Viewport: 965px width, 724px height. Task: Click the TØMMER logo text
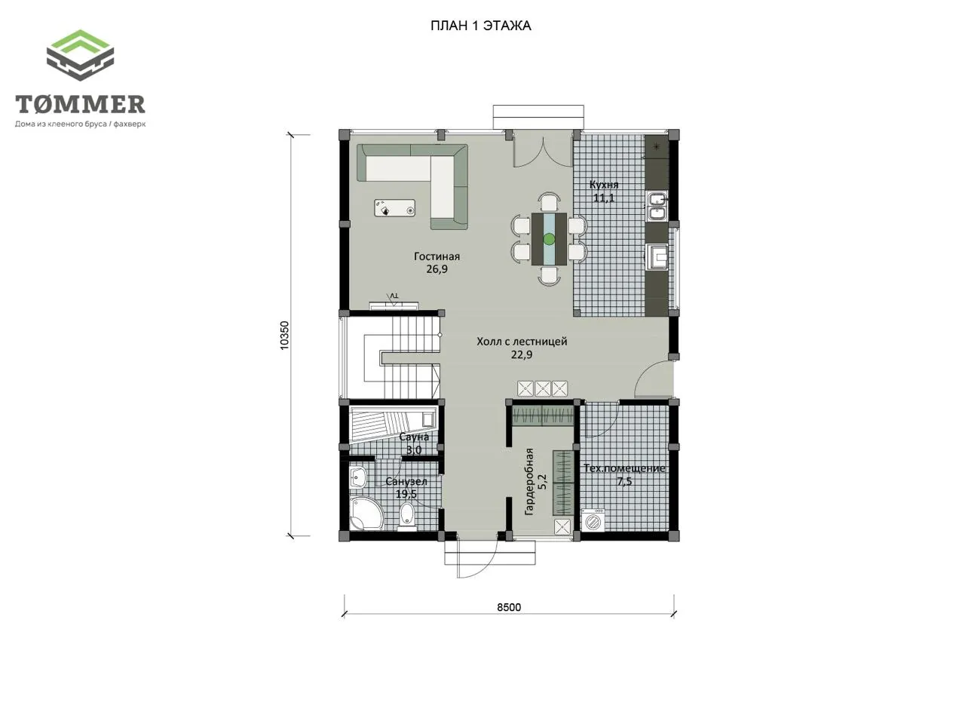(x=80, y=104)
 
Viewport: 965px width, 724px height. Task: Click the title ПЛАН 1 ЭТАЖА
(x=480, y=26)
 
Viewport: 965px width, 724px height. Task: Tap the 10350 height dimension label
(x=285, y=336)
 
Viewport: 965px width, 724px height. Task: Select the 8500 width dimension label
(x=509, y=607)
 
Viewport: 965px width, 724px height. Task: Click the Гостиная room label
(x=437, y=256)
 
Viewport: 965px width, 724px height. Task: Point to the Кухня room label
(x=604, y=185)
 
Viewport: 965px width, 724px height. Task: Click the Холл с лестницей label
(x=522, y=341)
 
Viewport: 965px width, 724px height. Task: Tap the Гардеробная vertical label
(x=529, y=481)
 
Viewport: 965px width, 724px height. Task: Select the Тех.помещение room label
(x=624, y=468)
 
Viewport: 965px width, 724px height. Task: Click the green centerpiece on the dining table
(x=549, y=239)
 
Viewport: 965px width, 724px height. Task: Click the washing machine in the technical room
(x=593, y=520)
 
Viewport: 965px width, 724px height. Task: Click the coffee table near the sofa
(x=395, y=208)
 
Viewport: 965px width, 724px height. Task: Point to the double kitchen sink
(x=657, y=206)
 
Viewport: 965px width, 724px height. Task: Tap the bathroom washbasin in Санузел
(x=358, y=477)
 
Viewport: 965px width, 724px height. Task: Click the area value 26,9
(x=437, y=269)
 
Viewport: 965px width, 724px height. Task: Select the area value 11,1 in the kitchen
(x=604, y=198)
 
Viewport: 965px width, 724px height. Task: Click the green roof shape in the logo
(x=81, y=44)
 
